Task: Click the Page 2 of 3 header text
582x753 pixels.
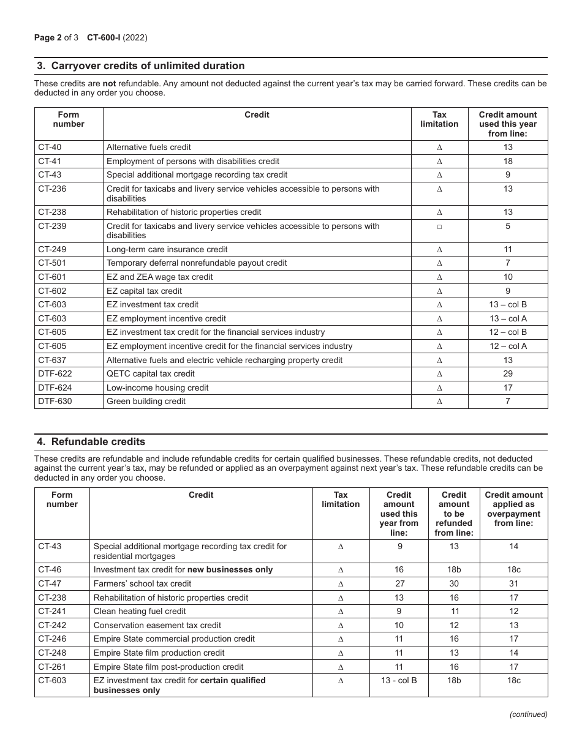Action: click(x=56, y=37)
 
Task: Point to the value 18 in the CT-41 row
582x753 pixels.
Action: click(x=507, y=161)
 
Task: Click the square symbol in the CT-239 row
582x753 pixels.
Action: click(x=439, y=227)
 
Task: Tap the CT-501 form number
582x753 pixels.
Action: click(x=51, y=263)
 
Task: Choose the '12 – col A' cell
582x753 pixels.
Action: click(x=507, y=346)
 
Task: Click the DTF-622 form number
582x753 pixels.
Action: click(x=53, y=374)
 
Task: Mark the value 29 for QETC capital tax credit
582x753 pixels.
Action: click(x=507, y=374)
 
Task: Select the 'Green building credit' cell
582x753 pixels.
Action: click(x=146, y=402)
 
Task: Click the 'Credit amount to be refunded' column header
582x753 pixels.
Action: click(x=453, y=513)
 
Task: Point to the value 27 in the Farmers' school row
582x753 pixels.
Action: click(x=398, y=584)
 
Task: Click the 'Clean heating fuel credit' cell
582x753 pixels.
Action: click(x=140, y=612)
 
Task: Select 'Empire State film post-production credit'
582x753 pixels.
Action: click(x=168, y=667)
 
